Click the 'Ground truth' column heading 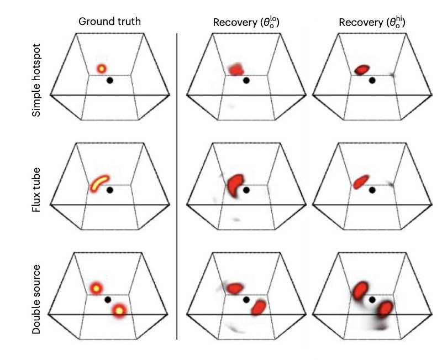pos(109,22)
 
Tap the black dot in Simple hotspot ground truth pos(110,81)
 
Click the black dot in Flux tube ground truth pos(110,190)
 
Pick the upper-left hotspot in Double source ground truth pos(96,288)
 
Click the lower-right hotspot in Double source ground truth pos(119,311)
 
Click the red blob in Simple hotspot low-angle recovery pos(236,69)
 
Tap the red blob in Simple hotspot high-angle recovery pos(362,70)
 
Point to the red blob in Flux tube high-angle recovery pos(360,181)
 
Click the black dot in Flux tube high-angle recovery pos(372,190)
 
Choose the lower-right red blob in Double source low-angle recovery pos(257,308)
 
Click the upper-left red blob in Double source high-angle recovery pos(360,290)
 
